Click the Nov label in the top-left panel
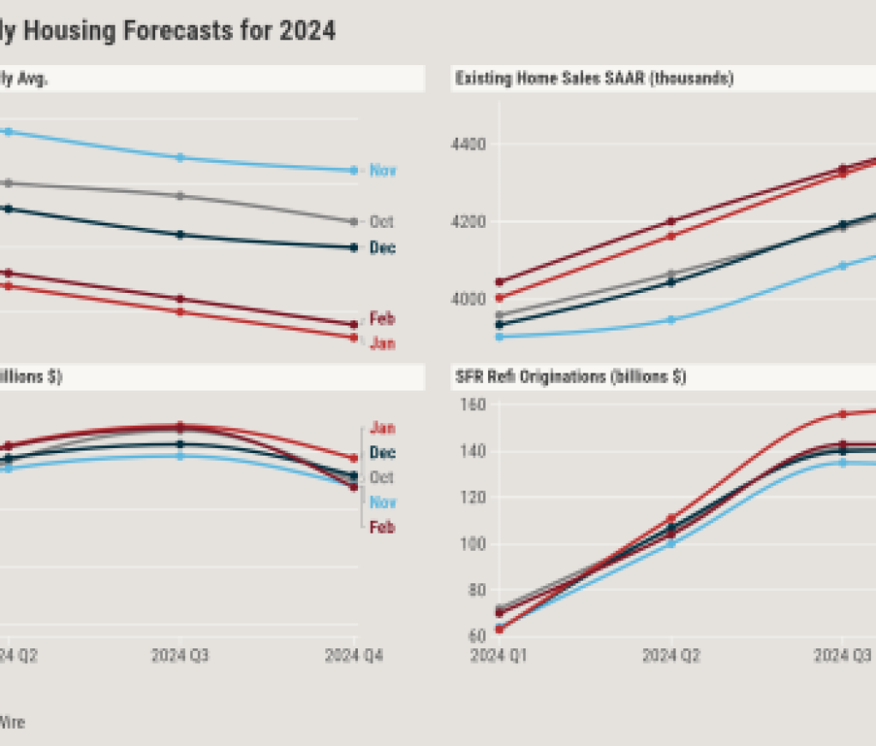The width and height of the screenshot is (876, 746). (x=383, y=170)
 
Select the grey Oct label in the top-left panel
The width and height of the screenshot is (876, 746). (x=381, y=222)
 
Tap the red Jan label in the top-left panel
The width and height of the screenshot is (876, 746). (x=382, y=343)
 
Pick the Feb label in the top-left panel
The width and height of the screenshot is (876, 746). (x=382, y=319)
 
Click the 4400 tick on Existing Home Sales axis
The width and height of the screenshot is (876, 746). (x=469, y=144)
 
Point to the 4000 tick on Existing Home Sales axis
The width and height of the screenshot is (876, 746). (x=469, y=299)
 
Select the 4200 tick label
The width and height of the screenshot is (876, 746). (x=469, y=222)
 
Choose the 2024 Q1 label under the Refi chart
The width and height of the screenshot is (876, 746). (x=500, y=656)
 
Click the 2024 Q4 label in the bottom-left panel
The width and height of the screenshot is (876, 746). (x=355, y=656)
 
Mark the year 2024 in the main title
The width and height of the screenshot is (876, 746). (x=306, y=32)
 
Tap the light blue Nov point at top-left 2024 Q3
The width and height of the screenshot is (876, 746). (x=180, y=158)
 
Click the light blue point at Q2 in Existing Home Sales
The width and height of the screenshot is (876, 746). (x=671, y=319)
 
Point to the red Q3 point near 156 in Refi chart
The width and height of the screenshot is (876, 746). (x=843, y=414)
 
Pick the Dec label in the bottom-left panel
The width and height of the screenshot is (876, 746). (x=382, y=453)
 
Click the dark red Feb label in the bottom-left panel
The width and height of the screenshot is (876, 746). (x=382, y=528)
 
